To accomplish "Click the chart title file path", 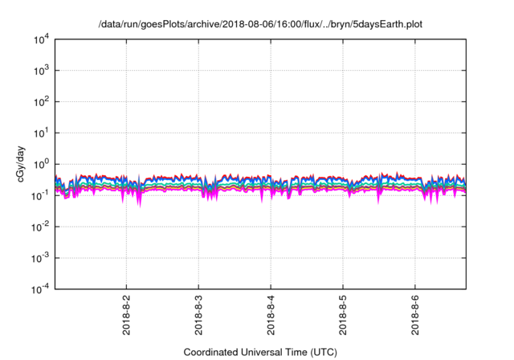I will [259, 25].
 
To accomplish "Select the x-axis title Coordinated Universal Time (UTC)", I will [259, 352].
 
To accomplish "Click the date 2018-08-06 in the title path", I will [243, 25].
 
